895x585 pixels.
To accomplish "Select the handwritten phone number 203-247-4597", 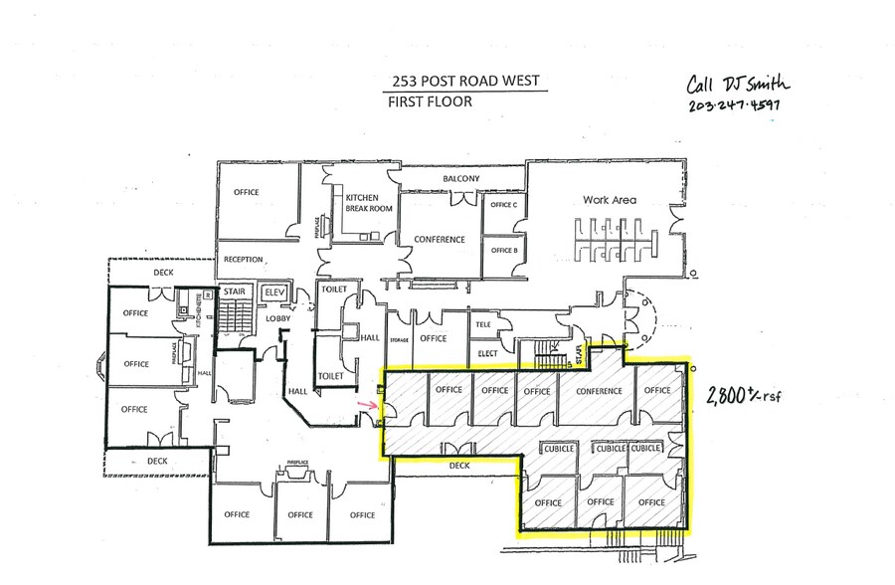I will [x=735, y=104].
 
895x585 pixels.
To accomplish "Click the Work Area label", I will [x=610, y=200].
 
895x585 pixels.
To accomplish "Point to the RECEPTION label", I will [x=244, y=260].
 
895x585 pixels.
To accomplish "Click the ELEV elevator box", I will [x=273, y=293].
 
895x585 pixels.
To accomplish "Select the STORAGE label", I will [x=400, y=339].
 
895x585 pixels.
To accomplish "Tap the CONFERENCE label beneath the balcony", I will [x=440, y=240].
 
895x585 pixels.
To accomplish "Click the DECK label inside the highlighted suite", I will [x=458, y=464].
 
